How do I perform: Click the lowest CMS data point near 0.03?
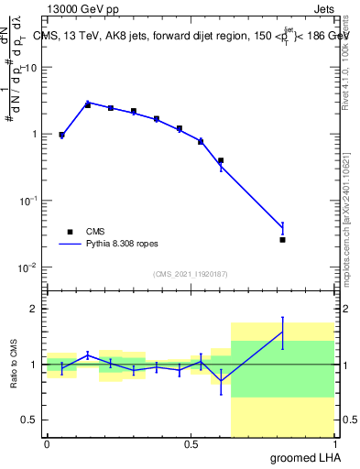[282, 240]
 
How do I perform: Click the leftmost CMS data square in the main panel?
[61, 135]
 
